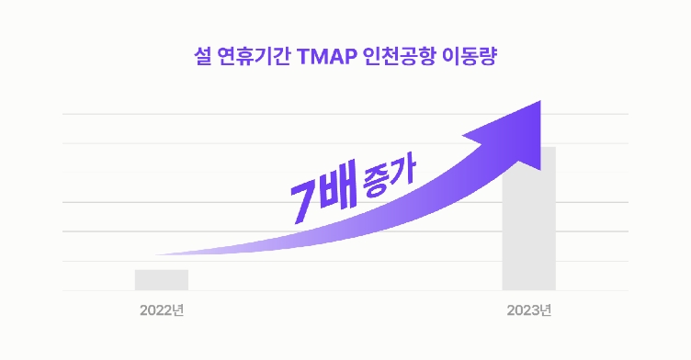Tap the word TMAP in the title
(326, 58)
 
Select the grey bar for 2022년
(162, 280)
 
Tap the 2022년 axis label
(163, 309)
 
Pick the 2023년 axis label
(529, 309)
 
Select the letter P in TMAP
(347, 58)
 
